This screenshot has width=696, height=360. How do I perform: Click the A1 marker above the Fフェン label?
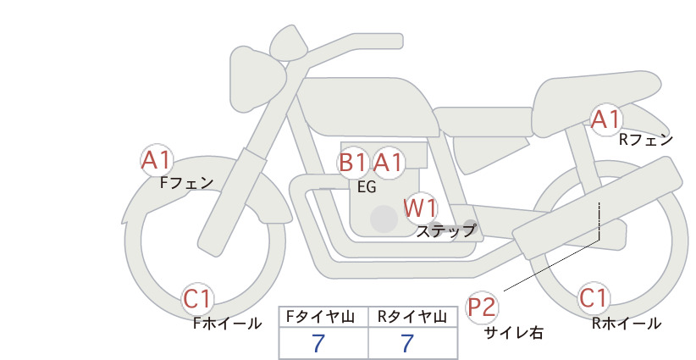click(x=157, y=160)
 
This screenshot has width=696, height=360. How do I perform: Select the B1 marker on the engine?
click(x=352, y=163)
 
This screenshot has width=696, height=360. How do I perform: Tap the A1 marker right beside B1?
click(x=388, y=163)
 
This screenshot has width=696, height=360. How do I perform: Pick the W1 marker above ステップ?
click(x=420, y=208)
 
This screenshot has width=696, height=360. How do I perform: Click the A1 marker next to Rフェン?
click(x=605, y=119)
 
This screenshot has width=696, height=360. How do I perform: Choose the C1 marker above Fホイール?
click(x=196, y=299)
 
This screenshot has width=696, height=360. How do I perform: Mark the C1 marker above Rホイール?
click(x=594, y=298)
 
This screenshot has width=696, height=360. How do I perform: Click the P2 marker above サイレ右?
click(x=482, y=307)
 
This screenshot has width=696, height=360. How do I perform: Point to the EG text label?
click(x=367, y=187)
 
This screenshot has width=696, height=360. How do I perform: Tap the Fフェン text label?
click(x=186, y=182)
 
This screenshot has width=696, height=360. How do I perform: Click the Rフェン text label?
click(x=646, y=140)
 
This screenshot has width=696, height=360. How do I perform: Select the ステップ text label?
click(x=445, y=231)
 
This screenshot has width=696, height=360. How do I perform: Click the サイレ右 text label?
click(x=514, y=333)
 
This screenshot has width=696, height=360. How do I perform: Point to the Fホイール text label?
click(x=228, y=324)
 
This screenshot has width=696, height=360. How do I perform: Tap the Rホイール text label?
click(x=627, y=324)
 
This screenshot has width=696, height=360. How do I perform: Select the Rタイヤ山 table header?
click(x=412, y=317)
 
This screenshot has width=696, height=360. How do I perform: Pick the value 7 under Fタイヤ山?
click(x=318, y=343)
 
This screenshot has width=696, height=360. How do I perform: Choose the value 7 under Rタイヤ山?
click(x=407, y=343)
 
